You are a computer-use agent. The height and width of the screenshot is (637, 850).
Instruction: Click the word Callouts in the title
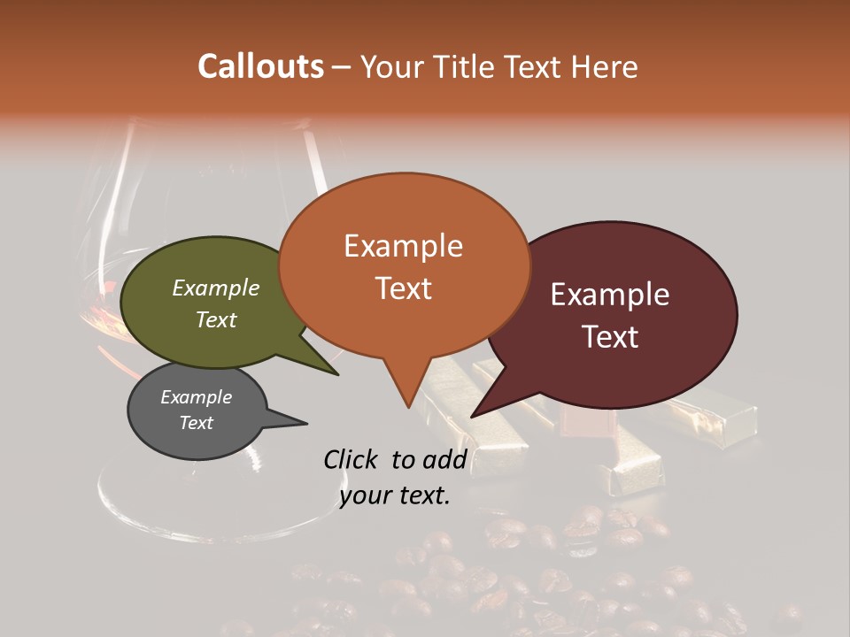pos(260,66)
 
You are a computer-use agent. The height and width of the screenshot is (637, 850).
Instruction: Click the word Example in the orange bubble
pos(403,246)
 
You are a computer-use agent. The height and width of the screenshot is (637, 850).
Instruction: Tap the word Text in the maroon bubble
pos(611,337)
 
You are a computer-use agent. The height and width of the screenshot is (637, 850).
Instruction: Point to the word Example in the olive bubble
pos(215,288)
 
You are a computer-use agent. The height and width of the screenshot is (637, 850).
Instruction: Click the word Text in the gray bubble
pos(196,423)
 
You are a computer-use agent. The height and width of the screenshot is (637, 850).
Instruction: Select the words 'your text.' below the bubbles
pos(395,495)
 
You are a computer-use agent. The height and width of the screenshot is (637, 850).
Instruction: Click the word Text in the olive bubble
pos(215,319)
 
